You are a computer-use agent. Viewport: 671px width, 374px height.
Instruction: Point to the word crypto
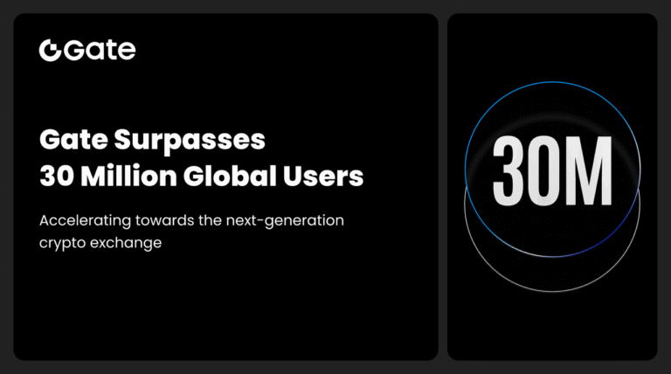62,243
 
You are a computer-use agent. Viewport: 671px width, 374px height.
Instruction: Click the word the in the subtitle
212,220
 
